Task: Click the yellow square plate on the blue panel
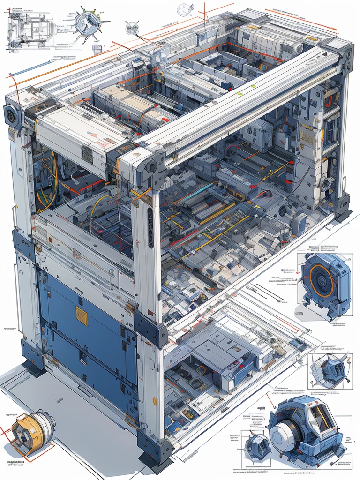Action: (x=82, y=316)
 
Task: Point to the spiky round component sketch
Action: (x=88, y=23)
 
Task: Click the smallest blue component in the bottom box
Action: (x=257, y=446)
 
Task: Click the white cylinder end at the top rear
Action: (x=295, y=47)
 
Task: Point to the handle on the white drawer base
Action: (x=85, y=391)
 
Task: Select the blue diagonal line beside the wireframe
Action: (x=29, y=68)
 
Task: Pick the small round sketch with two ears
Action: (x=185, y=9)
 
